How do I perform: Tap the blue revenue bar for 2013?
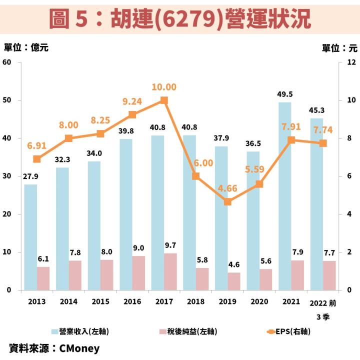(30, 237)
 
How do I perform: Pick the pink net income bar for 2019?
(234, 281)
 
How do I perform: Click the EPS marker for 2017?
(164, 100)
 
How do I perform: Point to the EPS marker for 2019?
(227, 201)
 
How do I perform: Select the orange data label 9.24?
(132, 101)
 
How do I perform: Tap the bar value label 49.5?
(284, 94)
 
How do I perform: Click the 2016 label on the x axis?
(132, 302)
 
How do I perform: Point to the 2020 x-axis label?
(259, 302)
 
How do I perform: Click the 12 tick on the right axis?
(351, 62)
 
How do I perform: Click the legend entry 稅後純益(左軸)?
(188, 331)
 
